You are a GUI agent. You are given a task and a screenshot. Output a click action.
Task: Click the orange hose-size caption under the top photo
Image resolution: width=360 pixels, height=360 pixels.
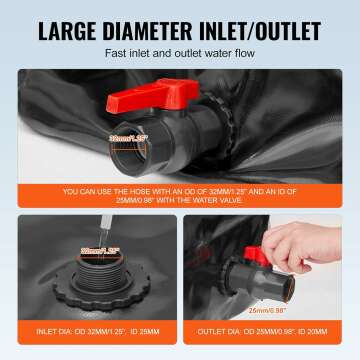[x=180, y=197]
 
